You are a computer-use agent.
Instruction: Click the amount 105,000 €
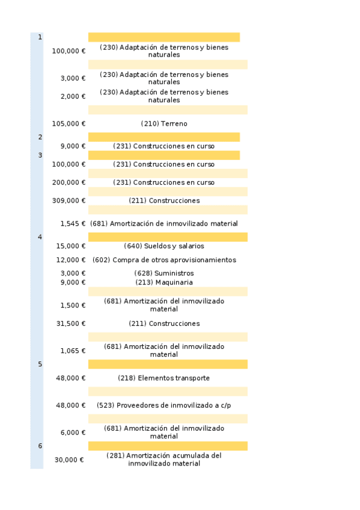pos(69,124)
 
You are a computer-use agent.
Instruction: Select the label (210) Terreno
pos(164,124)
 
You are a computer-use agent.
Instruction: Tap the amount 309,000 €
pos(69,201)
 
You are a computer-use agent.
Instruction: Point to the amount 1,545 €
pos(73,224)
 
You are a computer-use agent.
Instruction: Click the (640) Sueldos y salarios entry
pos(164,246)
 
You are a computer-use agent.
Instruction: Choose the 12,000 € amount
pos(71,260)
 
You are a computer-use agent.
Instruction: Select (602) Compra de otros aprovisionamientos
pos(164,260)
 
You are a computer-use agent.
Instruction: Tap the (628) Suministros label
pos(164,273)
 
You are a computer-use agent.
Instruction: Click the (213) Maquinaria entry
pos(164,282)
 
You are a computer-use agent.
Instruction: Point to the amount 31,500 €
pos(71,324)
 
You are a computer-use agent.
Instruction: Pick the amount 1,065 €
pos(73,351)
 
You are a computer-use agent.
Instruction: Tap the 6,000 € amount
pos(73,432)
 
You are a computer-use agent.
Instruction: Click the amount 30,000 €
pos(69,459)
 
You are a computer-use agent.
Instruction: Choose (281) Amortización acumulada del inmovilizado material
pos(164,459)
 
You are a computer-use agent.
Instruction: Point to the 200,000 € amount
pos(69,183)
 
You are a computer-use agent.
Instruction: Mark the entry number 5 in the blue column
pos(40,364)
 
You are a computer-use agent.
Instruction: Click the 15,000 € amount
pos(71,246)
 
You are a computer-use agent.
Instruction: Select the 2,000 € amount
pos(73,96)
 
